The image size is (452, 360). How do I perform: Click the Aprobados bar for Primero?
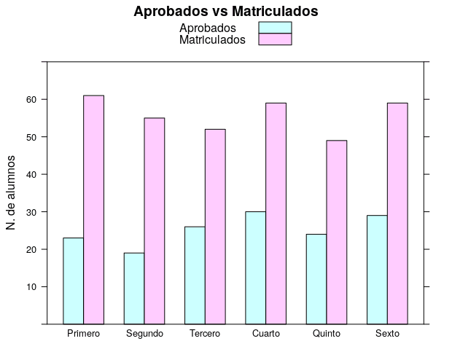click(74, 281)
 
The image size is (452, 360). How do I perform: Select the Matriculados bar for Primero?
click(93, 210)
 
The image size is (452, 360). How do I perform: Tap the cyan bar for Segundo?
click(134, 288)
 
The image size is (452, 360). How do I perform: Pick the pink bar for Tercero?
click(215, 226)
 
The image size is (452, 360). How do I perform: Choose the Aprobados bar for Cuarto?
click(256, 267)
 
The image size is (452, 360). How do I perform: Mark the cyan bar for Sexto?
click(377, 270)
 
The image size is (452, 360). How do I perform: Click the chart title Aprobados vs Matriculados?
click(226, 12)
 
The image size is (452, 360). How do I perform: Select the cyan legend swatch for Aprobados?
click(275, 28)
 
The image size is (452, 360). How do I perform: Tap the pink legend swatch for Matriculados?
click(275, 39)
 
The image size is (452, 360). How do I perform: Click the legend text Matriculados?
click(212, 39)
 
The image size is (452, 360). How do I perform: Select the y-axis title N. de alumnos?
click(12, 193)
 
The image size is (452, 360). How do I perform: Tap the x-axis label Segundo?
click(144, 334)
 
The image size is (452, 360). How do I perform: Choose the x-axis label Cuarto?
click(265, 334)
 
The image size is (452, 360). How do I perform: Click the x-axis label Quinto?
click(326, 334)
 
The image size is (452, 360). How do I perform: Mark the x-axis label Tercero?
click(205, 334)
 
